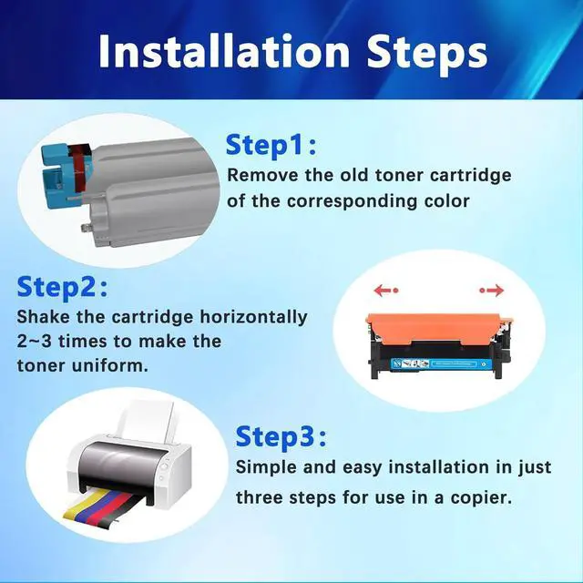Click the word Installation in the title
click(x=224, y=51)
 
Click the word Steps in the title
click(x=427, y=55)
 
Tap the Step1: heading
click(x=271, y=146)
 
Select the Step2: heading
click(x=62, y=287)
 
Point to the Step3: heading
click(x=281, y=437)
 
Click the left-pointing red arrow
click(x=386, y=290)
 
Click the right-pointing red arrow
click(x=492, y=290)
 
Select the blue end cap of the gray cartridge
click(x=56, y=175)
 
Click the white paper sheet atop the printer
click(x=147, y=421)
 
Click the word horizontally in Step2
click(x=253, y=317)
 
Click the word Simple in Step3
click(x=266, y=467)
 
